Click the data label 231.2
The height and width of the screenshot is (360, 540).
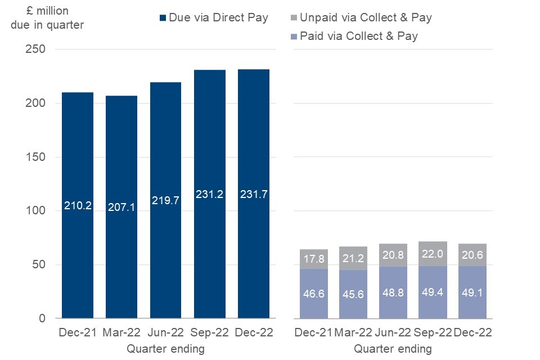coord(209,194)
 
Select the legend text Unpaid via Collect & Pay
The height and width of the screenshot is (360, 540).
coord(366,18)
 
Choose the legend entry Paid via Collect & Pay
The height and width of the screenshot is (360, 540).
coord(359,37)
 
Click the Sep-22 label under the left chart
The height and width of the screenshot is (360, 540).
coord(209,332)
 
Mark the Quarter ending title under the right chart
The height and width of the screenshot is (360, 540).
coord(393,349)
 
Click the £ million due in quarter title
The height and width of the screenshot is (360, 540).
coord(47,17)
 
